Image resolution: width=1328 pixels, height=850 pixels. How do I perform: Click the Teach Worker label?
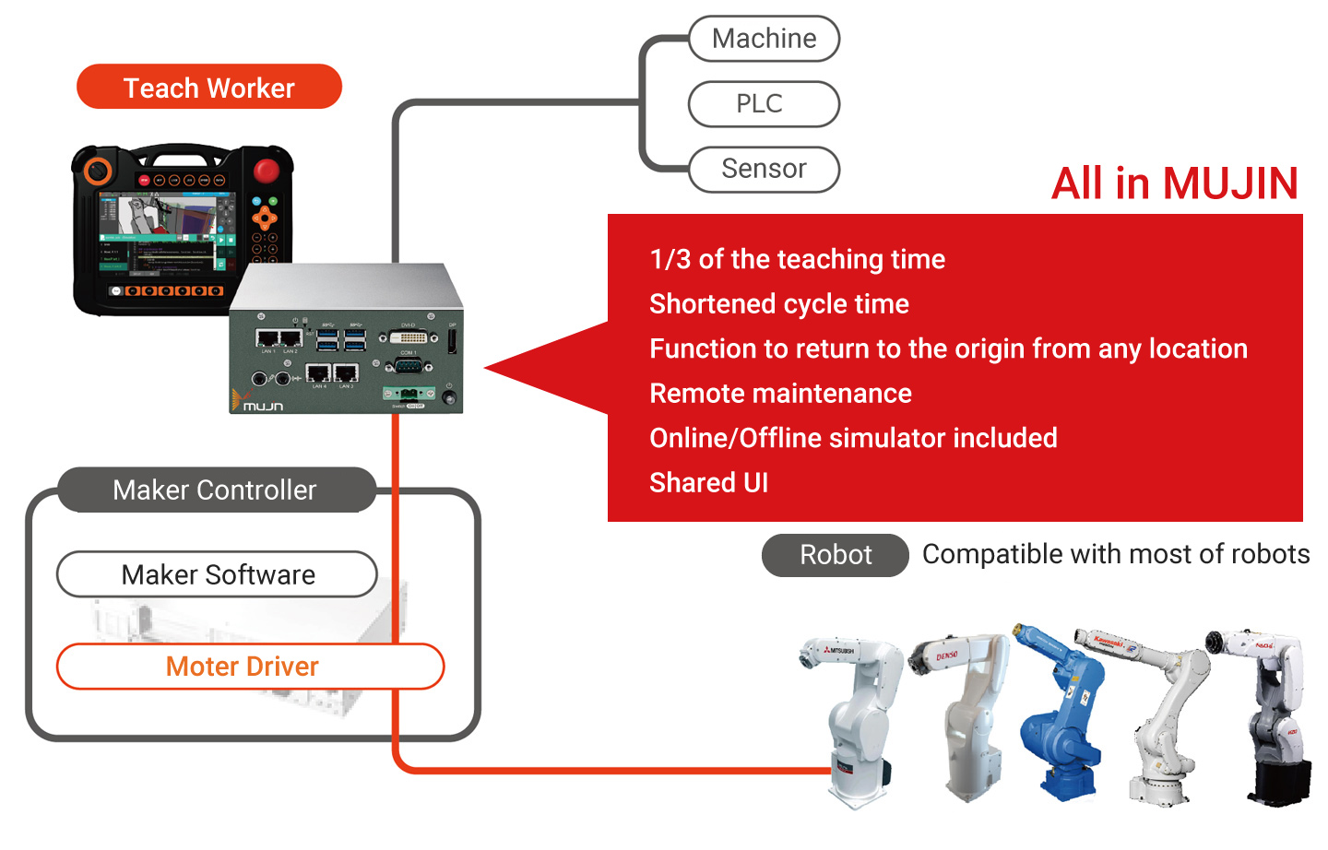pos(209,88)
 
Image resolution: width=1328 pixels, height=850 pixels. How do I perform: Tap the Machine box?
pos(764,39)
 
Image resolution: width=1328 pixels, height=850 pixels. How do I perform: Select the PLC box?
pos(764,104)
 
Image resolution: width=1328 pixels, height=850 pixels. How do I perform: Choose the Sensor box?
pos(764,170)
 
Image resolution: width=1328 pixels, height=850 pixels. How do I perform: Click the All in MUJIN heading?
pos(1174,183)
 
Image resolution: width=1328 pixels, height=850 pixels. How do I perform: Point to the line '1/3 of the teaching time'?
pos(797,260)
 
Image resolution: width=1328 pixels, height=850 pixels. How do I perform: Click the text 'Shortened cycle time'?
pos(779,304)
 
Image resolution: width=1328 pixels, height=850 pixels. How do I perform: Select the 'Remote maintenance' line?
pos(780,394)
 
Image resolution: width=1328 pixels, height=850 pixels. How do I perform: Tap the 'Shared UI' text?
pos(708,483)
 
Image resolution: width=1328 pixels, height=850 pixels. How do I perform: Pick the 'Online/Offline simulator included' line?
pos(853,438)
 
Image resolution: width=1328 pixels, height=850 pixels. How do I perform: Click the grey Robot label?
pos(835,555)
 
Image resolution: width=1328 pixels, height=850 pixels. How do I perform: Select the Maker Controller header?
pos(216,490)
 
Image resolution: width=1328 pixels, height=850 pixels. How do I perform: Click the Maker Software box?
pos(218,575)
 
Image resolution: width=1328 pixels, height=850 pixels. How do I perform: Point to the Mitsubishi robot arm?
pos(858,719)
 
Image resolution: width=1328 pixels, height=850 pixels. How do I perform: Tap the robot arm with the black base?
pos(1273,719)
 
